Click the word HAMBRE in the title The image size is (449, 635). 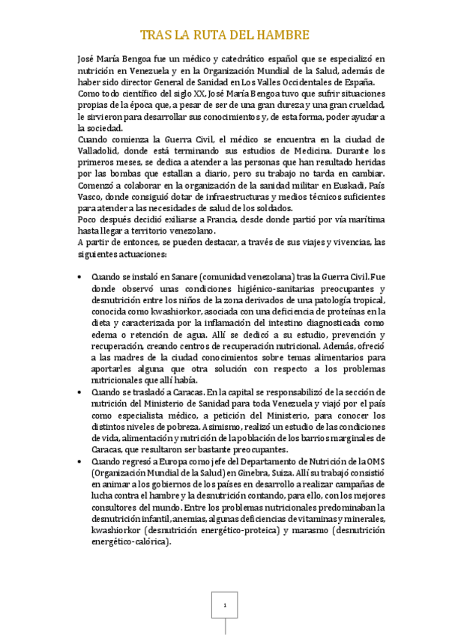[x=283, y=35]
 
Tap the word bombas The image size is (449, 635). [x=124, y=173]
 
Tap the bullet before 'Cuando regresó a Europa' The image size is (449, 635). [x=80, y=463]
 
